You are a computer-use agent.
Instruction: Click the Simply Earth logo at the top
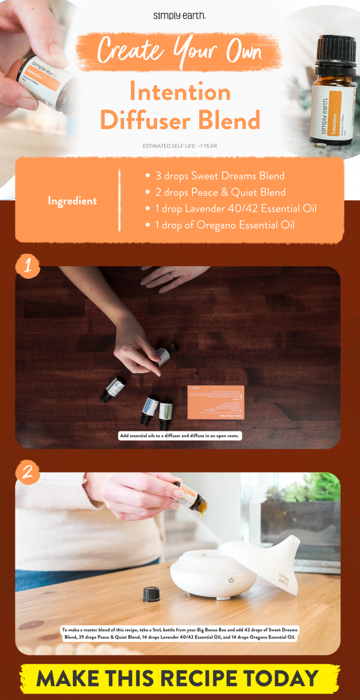pos(180,16)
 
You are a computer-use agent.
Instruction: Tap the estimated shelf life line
pos(180,146)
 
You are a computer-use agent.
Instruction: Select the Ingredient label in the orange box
pos(72,201)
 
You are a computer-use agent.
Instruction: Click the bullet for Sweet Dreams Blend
pos(148,176)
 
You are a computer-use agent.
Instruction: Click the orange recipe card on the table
pos(216,402)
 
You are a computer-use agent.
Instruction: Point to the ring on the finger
pos(171,275)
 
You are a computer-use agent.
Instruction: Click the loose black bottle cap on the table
pos(151,594)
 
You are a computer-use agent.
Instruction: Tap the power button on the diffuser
pos(231,580)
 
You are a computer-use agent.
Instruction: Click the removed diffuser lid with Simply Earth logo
pos(269,561)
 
